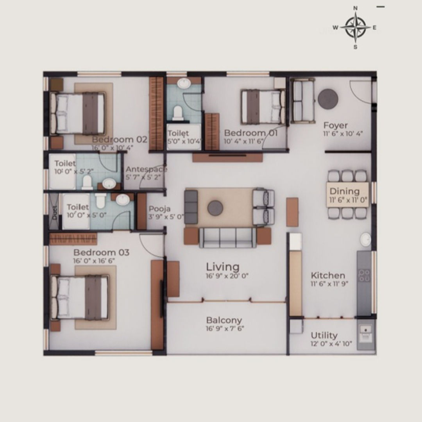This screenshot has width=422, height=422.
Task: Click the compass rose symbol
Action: [x=355, y=27]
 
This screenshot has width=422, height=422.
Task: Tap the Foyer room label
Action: [x=335, y=125]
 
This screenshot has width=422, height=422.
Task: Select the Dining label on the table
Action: [x=345, y=191]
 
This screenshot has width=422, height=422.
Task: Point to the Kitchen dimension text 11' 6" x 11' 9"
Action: [x=329, y=283]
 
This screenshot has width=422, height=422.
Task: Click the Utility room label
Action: [x=324, y=335]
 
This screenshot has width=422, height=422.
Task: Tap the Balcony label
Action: [x=224, y=320]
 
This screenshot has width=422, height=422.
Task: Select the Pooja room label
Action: [x=159, y=209]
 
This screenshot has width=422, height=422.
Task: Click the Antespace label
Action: [x=147, y=170]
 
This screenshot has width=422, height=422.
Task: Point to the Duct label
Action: [x=55, y=213]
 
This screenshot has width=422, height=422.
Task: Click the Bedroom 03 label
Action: [x=101, y=252]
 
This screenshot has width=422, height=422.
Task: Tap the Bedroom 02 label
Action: [x=120, y=139]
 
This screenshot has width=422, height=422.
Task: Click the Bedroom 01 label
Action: [x=251, y=133]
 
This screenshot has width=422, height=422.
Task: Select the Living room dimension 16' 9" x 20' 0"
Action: [x=227, y=276]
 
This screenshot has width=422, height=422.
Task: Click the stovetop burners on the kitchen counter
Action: [x=365, y=276]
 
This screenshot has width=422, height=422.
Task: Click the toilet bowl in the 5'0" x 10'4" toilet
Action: [x=178, y=113]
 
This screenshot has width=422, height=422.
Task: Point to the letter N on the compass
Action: [x=355, y=8]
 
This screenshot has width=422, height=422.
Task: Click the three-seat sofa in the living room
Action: [x=228, y=238]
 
